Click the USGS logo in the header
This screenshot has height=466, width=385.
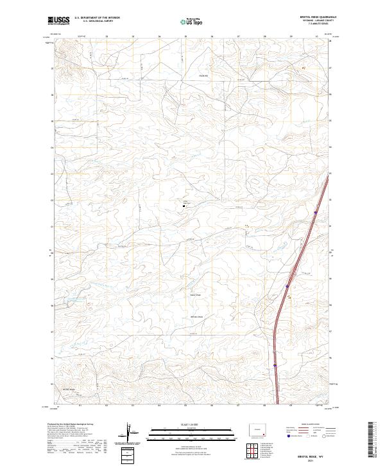pyautogui.click(x=58, y=21)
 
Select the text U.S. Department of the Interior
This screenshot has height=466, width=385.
pyautogui.click(x=98, y=18)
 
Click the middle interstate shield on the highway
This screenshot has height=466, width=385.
pyautogui.click(x=287, y=286)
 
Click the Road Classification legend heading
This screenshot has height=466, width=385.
pyautogui.click(x=304, y=425)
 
